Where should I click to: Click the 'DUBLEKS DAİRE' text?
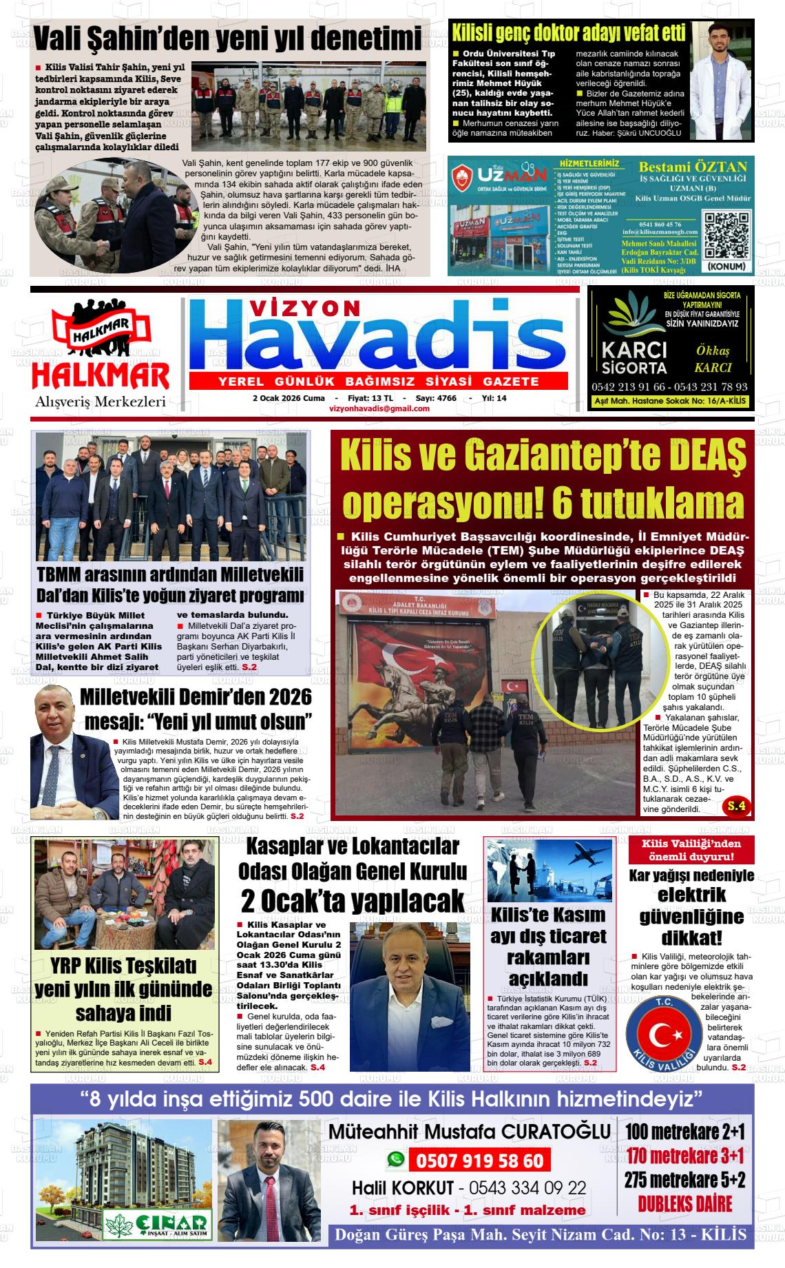684,1204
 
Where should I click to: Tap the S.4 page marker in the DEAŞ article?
736,805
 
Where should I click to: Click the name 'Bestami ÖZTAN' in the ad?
693,167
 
